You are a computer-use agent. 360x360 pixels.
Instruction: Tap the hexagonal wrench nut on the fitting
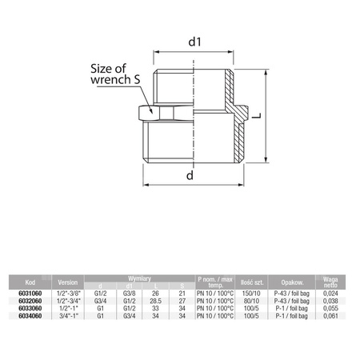146,113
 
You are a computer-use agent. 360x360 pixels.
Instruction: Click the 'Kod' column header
30,282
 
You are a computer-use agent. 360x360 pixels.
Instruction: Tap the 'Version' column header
69,282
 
